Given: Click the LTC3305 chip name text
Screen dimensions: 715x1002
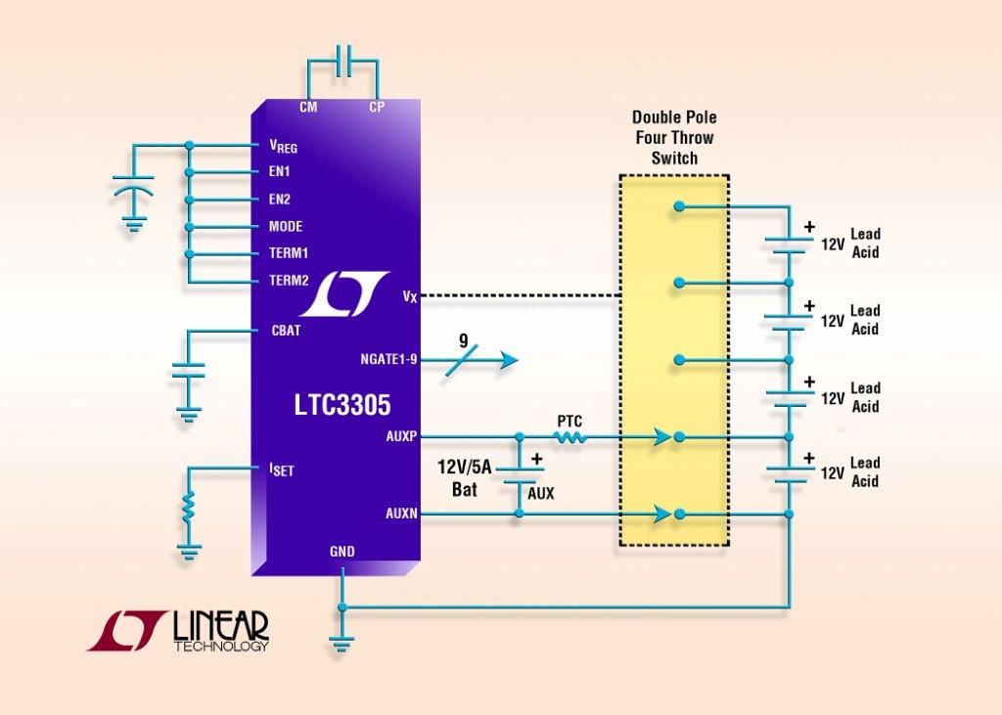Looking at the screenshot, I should [336, 404].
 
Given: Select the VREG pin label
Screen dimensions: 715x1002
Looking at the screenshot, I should [283, 147].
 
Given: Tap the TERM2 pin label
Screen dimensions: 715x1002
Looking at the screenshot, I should [289, 281].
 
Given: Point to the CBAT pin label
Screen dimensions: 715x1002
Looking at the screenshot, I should [286, 331].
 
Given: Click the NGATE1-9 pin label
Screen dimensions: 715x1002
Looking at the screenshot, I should [388, 359].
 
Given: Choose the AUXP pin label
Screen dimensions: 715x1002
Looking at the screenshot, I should [401, 435].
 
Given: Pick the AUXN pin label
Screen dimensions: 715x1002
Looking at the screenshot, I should [401, 512].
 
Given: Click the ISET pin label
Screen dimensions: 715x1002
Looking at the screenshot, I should [281, 469].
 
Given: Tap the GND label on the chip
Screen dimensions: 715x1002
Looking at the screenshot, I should [342, 552].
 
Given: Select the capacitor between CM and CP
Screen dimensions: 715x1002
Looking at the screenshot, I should [342, 61].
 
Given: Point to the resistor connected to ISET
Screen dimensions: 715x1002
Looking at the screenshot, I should [190, 507].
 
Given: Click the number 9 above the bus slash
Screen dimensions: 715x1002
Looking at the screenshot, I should [463, 342].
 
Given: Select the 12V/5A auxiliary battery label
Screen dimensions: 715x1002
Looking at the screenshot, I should [465, 478].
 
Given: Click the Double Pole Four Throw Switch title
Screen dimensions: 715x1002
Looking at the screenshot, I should [674, 137].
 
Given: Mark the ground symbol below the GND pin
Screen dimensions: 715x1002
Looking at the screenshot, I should [342, 643].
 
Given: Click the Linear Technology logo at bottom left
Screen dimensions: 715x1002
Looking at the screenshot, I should [177, 631].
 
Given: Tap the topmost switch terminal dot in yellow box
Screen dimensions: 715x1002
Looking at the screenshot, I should [677, 206].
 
